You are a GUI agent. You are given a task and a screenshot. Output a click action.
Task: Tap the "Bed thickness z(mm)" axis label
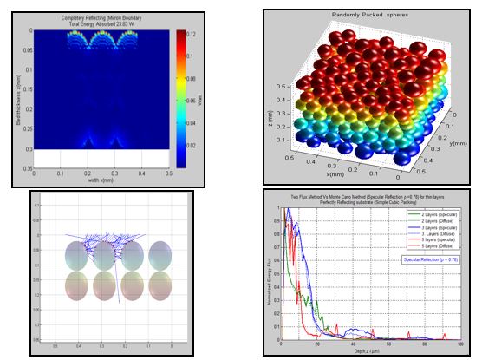tap(19, 95)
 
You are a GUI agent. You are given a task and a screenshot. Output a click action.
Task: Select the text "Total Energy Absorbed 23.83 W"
tap(107, 23)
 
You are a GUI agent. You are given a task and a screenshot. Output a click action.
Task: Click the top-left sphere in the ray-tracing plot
tap(77, 255)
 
